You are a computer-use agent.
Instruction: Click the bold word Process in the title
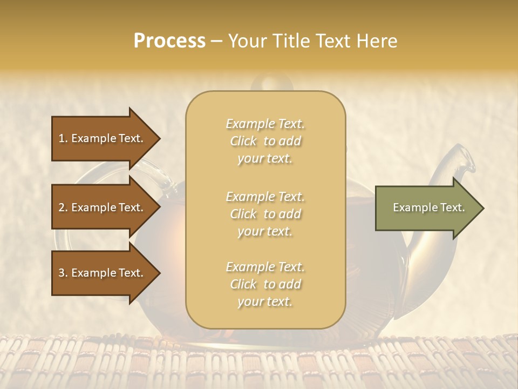click(169, 41)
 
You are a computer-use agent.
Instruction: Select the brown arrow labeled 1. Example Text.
click(103, 138)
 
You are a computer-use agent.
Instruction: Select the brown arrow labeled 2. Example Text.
click(103, 207)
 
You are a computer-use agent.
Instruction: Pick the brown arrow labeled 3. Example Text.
click(103, 273)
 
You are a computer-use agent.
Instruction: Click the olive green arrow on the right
click(426, 207)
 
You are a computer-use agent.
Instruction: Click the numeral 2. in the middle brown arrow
click(63, 207)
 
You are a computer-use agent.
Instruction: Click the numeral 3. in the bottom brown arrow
click(63, 273)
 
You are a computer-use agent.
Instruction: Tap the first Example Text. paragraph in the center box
click(265, 141)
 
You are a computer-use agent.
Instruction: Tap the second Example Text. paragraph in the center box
click(265, 214)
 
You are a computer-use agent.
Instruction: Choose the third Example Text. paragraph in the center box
click(265, 284)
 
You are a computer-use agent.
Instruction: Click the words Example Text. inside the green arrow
click(428, 207)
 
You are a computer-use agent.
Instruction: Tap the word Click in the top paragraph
click(243, 141)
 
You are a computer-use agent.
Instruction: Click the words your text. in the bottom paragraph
click(265, 301)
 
